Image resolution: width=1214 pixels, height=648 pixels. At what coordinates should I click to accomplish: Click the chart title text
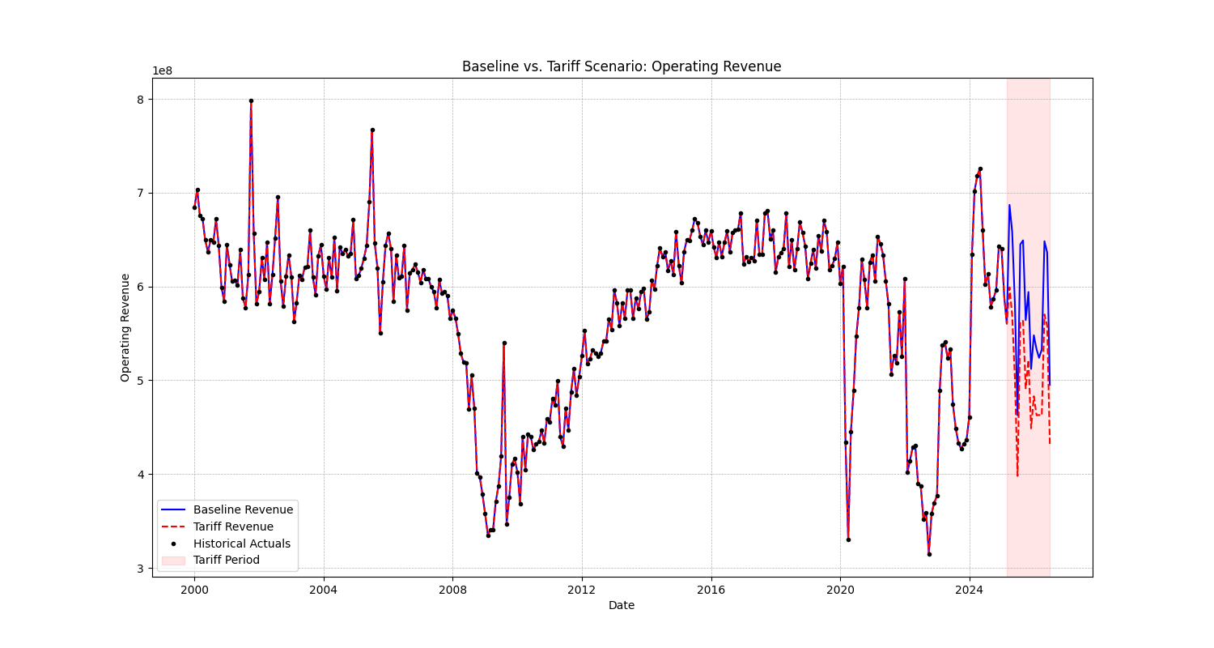622,66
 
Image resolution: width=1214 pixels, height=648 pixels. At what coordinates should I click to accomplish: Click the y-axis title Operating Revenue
125,327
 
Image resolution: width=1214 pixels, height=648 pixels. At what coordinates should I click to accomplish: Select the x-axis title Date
622,605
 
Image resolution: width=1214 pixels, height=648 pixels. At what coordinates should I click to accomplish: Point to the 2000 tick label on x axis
194,589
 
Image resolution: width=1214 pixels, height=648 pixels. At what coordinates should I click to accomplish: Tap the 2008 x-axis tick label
452,589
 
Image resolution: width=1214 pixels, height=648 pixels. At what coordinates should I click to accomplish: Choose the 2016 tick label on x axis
711,589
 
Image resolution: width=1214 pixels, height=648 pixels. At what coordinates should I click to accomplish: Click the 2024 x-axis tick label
969,589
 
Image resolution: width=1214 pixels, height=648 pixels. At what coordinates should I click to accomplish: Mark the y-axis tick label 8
139,100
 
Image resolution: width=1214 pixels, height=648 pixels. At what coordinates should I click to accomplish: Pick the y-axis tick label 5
139,381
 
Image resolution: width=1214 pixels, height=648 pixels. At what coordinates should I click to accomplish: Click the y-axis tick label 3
139,569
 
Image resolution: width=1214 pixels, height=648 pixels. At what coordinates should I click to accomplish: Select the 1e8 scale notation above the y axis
163,71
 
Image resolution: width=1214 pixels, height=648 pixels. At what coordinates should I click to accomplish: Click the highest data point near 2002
251,101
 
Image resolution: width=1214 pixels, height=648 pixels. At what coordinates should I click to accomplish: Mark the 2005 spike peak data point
372,130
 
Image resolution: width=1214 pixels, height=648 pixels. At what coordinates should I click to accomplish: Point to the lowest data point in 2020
848,539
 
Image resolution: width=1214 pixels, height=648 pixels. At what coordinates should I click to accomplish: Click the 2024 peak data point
980,169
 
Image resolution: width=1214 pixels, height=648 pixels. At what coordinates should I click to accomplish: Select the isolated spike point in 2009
504,343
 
